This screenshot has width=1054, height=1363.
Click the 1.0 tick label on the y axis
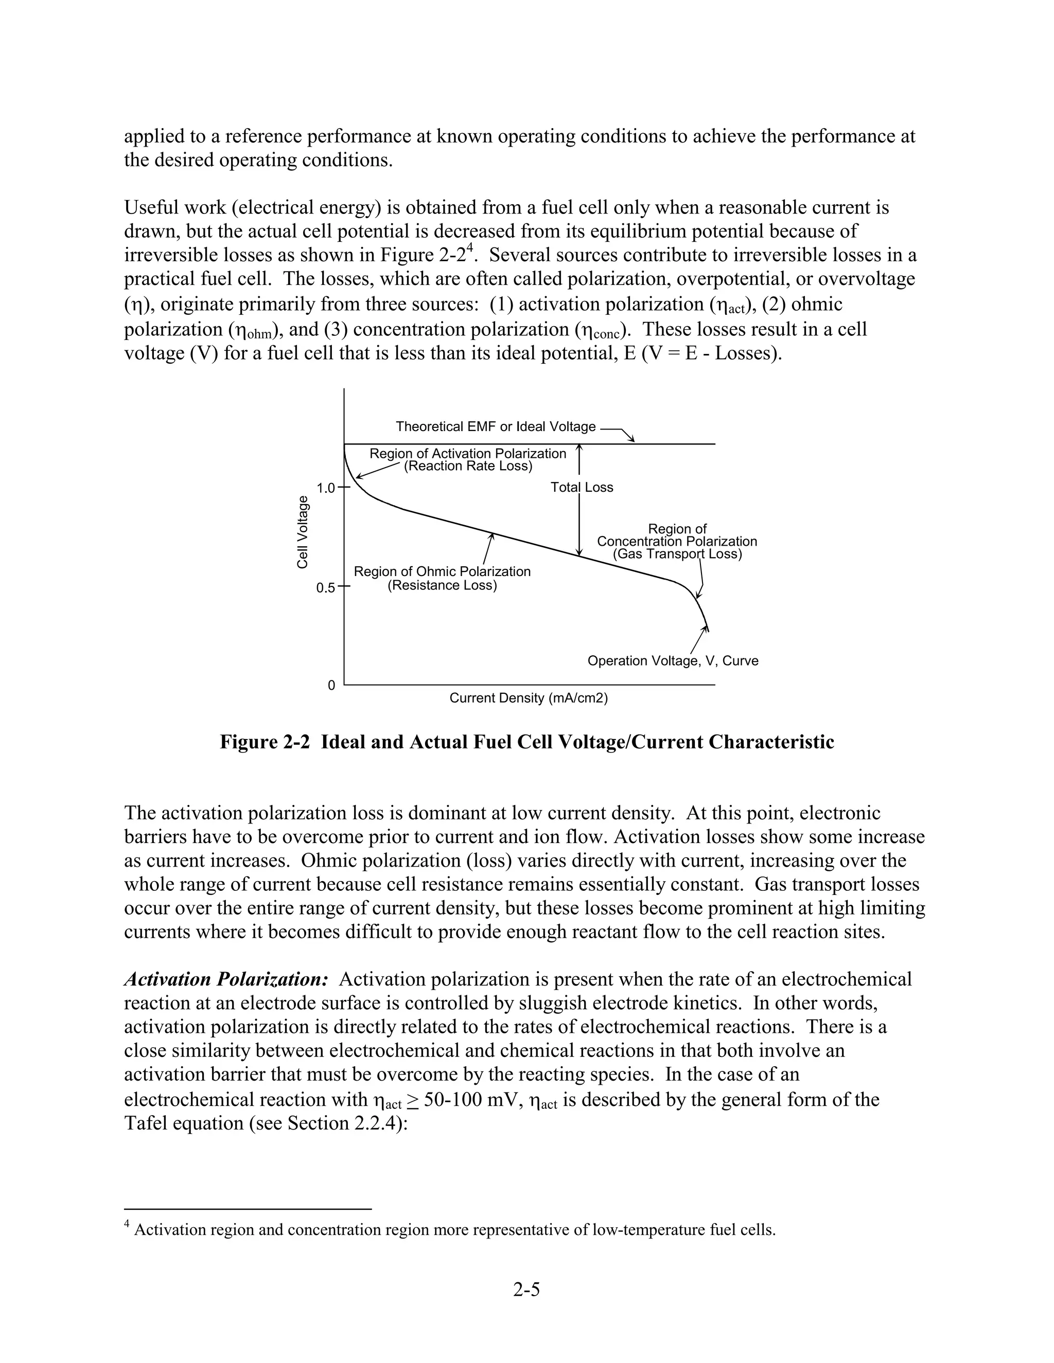pyautogui.click(x=326, y=488)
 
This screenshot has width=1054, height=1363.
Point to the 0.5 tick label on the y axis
pyautogui.click(x=326, y=588)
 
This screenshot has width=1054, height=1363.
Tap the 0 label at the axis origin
pyautogui.click(x=331, y=685)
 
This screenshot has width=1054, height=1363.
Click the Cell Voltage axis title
pyautogui.click(x=302, y=532)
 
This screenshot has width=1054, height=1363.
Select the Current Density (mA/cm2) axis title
pyautogui.click(x=528, y=698)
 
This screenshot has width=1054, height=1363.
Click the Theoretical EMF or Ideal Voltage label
pyautogui.click(x=496, y=427)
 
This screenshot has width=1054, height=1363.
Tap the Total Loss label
pyautogui.click(x=582, y=488)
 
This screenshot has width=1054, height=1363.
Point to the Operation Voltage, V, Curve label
pyautogui.click(x=673, y=661)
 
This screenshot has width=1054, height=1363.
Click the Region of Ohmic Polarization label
pyautogui.click(x=442, y=571)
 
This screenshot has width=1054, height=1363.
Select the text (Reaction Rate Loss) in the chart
pyautogui.click(x=468, y=466)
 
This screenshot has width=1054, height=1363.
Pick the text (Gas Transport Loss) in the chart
pyautogui.click(x=677, y=554)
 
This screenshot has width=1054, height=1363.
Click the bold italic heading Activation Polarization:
pyautogui.click(x=226, y=979)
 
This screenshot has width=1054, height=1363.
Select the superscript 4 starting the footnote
pyautogui.click(x=128, y=1225)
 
